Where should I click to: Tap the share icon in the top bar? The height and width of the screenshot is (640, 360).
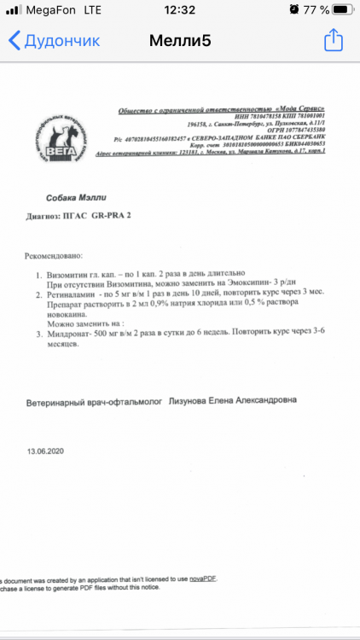[334, 39]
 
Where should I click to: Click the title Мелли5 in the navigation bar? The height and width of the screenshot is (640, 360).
[179, 40]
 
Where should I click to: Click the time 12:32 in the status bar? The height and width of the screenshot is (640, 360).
[179, 9]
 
